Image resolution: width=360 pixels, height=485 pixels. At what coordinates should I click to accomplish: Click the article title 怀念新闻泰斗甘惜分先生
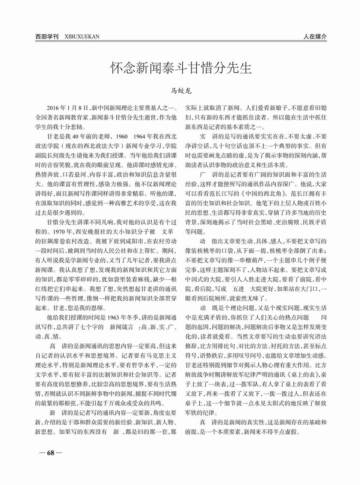(181, 68)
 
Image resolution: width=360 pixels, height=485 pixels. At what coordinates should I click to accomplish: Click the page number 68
(50, 453)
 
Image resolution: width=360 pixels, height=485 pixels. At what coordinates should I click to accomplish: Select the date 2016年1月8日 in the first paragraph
(68, 106)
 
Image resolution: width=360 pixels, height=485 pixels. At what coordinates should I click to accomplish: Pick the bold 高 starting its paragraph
(53, 346)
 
